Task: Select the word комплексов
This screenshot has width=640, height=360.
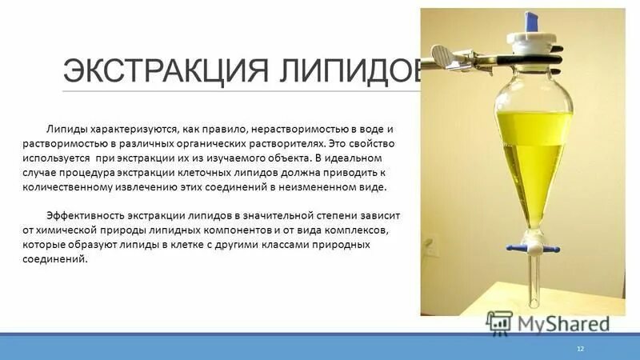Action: tap(361, 231)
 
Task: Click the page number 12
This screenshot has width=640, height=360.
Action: tap(581, 350)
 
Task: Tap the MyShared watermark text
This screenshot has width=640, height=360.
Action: tap(563, 323)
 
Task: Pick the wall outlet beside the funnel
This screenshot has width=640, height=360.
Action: tap(433, 250)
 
